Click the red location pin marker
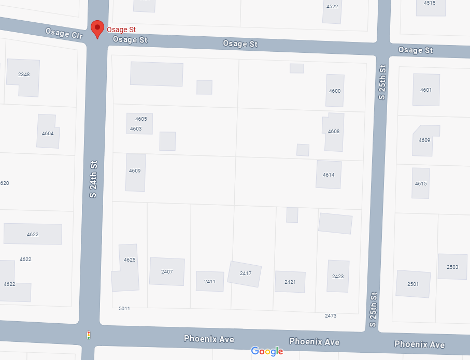click(97, 28)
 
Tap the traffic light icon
click(89, 335)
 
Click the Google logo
click(267, 351)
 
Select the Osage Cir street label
click(64, 34)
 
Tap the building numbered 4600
click(335, 91)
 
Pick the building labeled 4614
click(329, 175)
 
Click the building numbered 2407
click(167, 271)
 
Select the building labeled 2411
click(210, 281)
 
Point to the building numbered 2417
click(245, 273)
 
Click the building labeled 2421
click(290, 282)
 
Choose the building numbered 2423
click(338, 276)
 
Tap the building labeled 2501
click(413, 284)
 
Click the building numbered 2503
click(452, 267)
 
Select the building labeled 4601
click(426, 90)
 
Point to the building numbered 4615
click(421, 183)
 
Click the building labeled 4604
click(48, 132)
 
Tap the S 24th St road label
click(93, 179)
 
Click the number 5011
click(124, 309)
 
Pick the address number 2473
click(331, 315)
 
